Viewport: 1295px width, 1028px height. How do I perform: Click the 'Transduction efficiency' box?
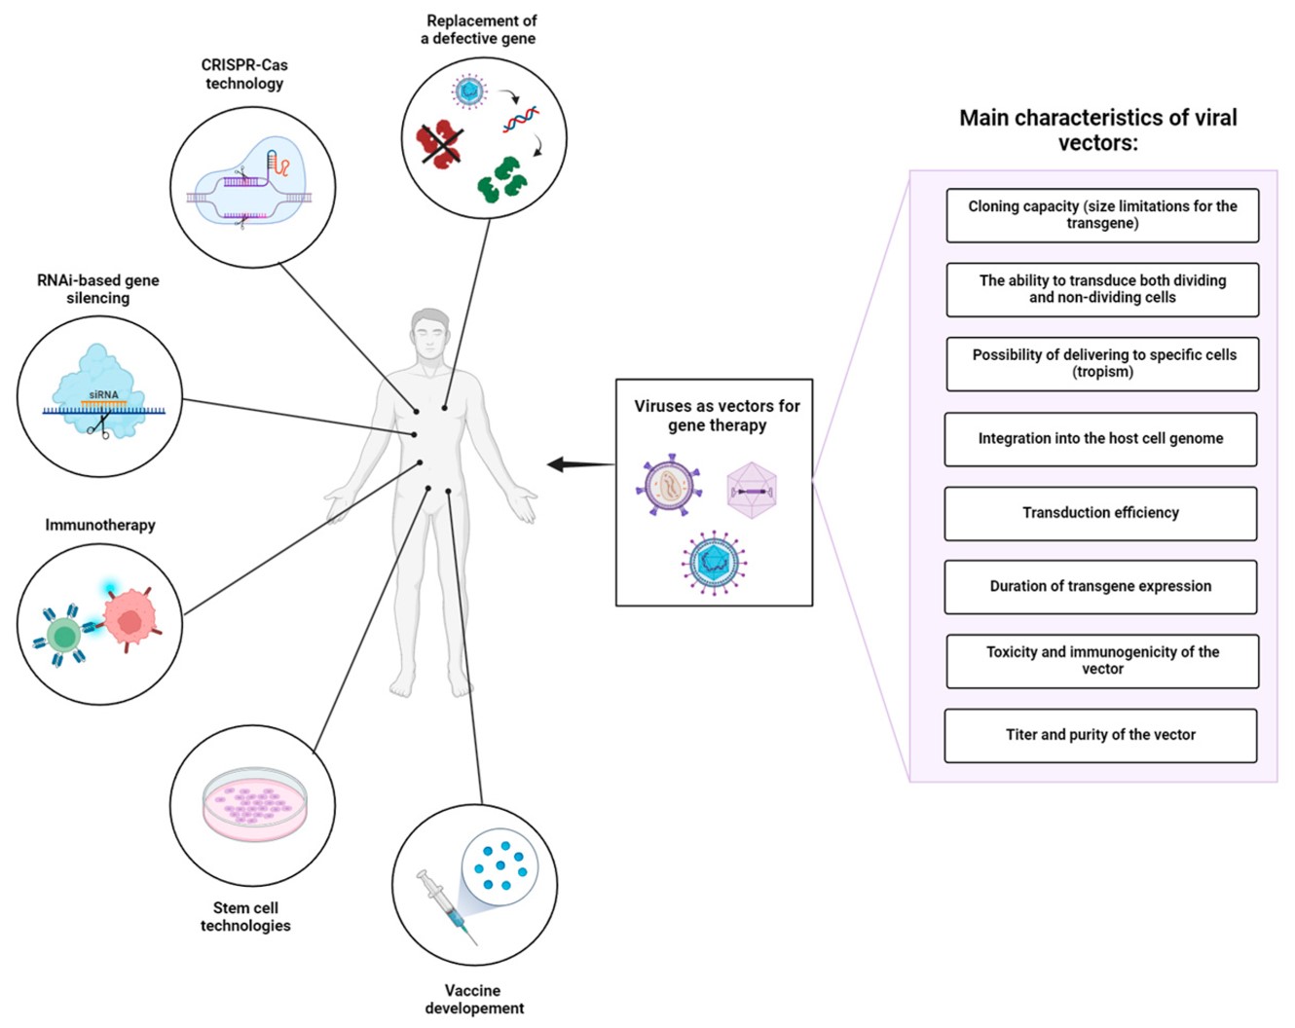coord(1100,513)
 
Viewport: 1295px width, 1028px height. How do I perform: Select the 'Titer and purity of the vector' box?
coord(1100,735)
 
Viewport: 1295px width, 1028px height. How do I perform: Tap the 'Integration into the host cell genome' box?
coord(1100,439)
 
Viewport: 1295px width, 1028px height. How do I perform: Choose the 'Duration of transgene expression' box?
coord(1100,587)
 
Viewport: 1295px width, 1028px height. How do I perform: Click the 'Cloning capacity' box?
coord(1102,215)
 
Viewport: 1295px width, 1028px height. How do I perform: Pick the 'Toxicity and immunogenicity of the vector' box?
coord(1102,661)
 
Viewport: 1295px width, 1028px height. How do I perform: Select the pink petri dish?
coord(254,804)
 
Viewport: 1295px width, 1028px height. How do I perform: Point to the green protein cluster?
coord(500,179)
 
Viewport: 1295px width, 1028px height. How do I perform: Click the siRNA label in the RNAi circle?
coord(103,395)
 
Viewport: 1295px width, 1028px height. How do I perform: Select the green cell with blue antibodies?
coord(64,637)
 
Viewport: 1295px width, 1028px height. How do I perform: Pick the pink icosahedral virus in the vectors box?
coord(752,490)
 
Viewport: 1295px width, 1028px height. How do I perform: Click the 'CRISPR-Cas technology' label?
coord(244,74)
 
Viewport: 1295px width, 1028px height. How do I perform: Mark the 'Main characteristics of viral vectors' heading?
coord(1097,129)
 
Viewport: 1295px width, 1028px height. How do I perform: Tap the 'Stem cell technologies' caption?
coord(245,916)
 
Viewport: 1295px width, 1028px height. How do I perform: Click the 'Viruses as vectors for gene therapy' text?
coord(717,416)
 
